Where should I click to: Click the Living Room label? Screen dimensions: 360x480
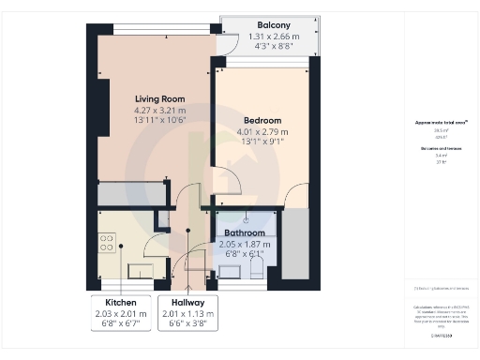point(159,98)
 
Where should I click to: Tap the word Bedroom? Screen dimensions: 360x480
point(262,121)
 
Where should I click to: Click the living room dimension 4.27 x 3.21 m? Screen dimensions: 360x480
point(159,111)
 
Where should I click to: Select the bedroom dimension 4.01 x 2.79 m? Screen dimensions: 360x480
point(262,133)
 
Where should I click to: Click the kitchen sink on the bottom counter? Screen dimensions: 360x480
point(141,270)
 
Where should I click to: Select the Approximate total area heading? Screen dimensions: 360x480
point(441,123)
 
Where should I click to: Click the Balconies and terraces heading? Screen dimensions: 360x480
point(441,148)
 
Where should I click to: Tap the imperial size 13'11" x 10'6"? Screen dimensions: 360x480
point(159,122)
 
